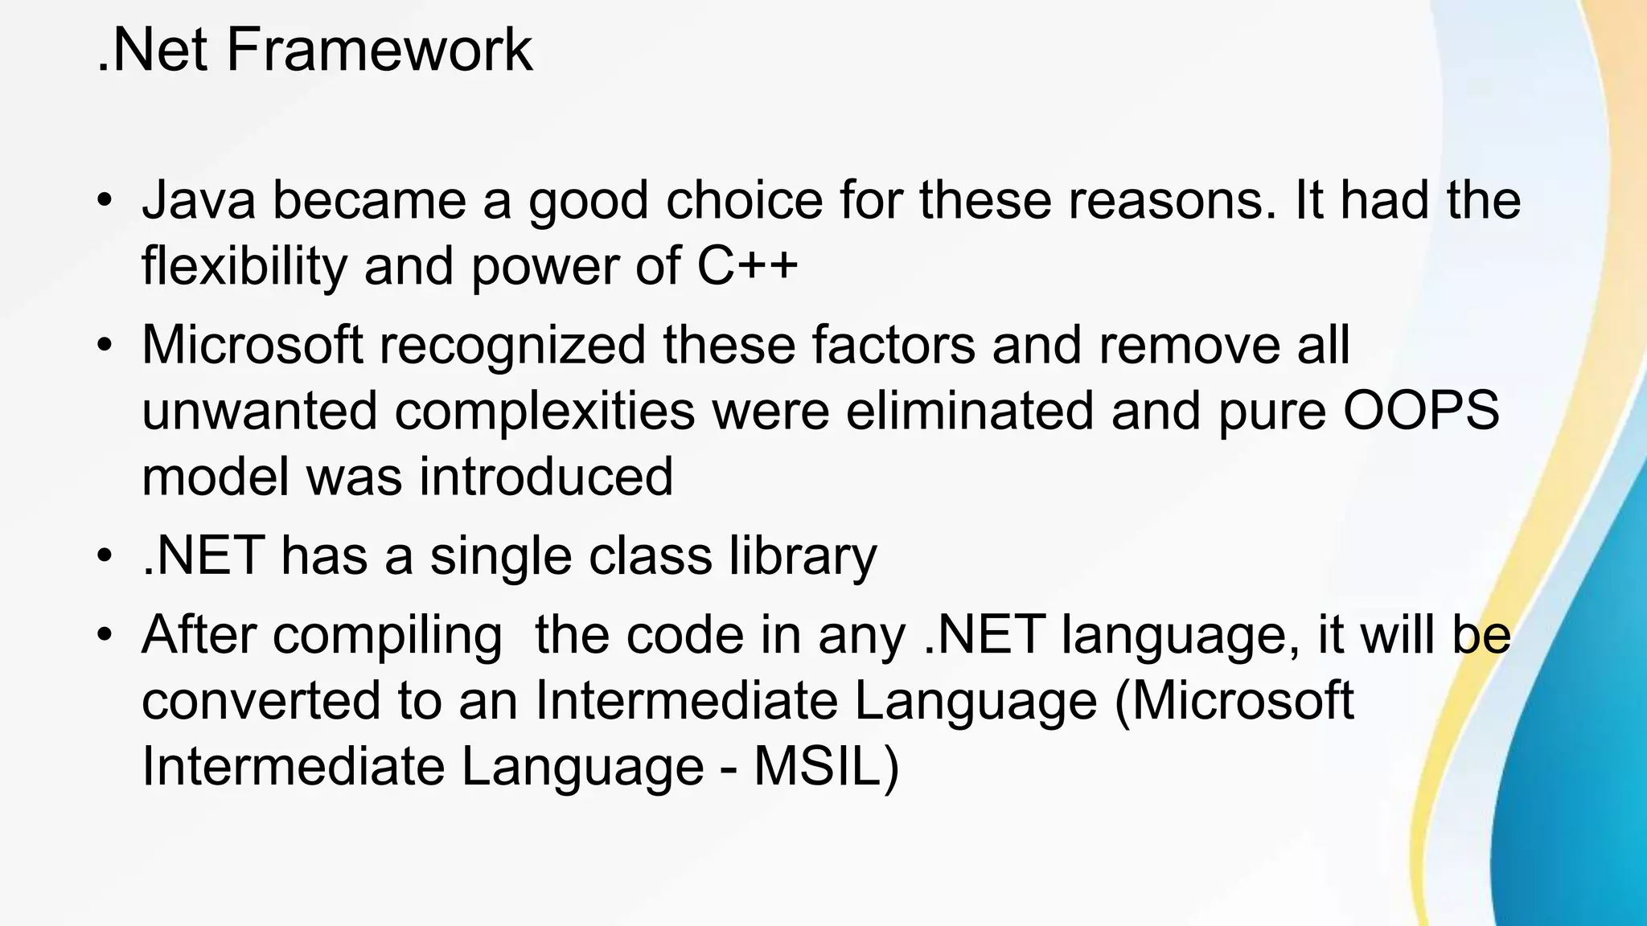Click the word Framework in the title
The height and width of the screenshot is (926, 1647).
coord(379,50)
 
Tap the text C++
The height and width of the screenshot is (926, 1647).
coord(747,265)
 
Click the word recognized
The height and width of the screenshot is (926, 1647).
coord(512,345)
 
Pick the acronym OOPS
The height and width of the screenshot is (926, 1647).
coord(1421,410)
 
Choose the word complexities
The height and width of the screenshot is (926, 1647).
coord(544,411)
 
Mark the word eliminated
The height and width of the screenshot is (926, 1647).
coord(969,410)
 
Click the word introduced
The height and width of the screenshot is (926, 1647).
coord(546,476)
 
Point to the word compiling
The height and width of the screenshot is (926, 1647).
coord(388,635)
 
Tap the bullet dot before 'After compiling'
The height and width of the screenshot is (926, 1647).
coord(103,635)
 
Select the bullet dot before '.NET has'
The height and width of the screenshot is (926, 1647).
coord(103,555)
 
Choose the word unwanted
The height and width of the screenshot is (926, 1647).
coord(259,411)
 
